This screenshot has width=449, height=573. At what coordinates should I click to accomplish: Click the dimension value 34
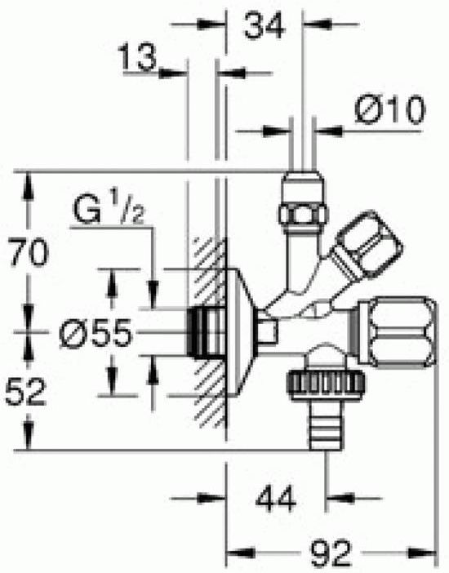point(264,24)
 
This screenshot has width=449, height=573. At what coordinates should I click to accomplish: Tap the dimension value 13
point(137,57)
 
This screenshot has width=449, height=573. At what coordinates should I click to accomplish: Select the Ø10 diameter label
point(389,110)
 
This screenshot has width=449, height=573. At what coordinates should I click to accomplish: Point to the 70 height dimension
point(29,251)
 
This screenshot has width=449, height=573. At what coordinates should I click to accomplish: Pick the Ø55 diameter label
point(95,333)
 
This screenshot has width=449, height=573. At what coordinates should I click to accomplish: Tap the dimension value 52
point(25,392)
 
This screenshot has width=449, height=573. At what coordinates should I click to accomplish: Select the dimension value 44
point(276,499)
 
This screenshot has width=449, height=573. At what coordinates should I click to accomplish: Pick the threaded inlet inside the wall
point(206,332)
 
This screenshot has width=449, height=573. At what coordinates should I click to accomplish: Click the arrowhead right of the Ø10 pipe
point(329,131)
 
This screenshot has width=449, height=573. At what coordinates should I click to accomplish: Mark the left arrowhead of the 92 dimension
point(241,553)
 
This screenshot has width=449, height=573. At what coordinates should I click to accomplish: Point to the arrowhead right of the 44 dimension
point(340,498)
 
